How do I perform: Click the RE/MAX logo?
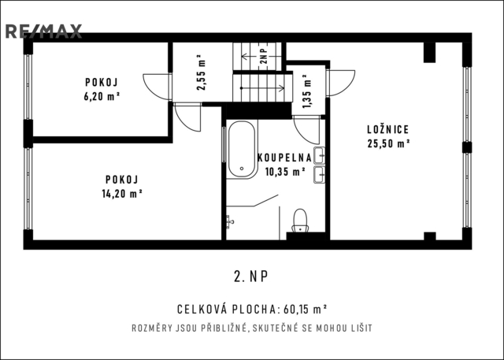[44, 32]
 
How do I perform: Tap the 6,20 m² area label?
[102, 96]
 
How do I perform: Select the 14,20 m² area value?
[122, 194]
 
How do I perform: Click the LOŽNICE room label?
[388, 129]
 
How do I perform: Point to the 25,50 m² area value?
[388, 143]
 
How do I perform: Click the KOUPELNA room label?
[284, 158]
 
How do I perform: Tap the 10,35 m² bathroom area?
[285, 172]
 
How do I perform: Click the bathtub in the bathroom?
[242, 150]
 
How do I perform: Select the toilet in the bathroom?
[300, 221]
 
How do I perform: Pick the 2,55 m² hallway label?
[202, 73]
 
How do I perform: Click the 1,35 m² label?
[307, 91]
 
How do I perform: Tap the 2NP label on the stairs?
[264, 56]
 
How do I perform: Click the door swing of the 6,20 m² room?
[157, 87]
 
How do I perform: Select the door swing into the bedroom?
[341, 83]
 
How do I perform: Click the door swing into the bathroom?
[306, 130]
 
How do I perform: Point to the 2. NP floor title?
[250, 276]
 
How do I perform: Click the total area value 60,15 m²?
[305, 310]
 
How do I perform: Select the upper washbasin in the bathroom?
[319, 155]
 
